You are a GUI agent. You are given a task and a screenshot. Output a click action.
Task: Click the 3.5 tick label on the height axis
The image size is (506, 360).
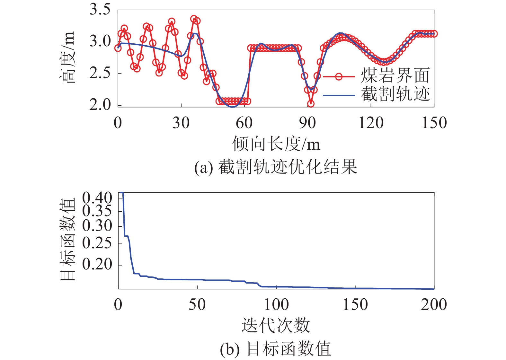tap(100, 10)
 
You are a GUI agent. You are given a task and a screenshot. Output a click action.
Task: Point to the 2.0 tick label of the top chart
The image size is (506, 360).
tap(100, 105)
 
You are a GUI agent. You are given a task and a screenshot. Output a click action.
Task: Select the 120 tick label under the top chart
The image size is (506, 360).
tap(371, 123)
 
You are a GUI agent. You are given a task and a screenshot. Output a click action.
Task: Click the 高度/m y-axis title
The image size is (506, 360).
tap(68, 58)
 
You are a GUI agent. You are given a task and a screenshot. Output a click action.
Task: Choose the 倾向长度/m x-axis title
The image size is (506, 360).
tap(276, 144)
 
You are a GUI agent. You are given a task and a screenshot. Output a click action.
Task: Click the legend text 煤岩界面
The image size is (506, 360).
tap(395, 76)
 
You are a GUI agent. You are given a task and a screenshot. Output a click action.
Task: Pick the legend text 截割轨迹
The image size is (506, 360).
tap(395, 94)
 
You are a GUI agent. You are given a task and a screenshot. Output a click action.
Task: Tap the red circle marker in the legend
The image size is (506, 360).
tap(339, 76)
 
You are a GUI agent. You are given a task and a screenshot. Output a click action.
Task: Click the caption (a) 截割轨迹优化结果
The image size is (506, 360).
tap(276, 167)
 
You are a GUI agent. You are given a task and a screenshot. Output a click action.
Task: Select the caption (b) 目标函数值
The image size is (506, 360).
tap(276, 349)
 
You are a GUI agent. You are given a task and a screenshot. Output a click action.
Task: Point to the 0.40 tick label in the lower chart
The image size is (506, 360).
tap(97, 198)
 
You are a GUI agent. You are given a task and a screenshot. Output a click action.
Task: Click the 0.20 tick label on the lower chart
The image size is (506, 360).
tap(97, 265)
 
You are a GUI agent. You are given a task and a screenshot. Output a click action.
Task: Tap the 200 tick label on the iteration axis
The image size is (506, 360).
tap(434, 305)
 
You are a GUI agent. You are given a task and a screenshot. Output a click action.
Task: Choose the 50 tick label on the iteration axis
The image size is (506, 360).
tap(197, 305)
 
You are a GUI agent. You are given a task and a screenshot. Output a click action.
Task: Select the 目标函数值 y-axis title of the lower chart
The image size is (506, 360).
tap(68, 239)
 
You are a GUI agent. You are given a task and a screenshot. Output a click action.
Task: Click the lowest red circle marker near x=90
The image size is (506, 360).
tap(311, 104)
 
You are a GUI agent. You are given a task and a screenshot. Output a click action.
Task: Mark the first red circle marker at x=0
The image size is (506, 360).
tap(118, 48)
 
